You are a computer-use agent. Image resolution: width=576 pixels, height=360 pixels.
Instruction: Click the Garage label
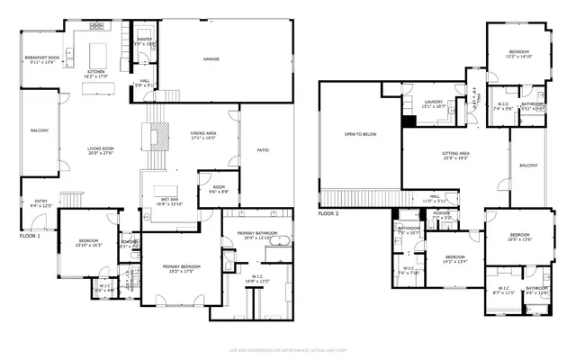pos(211,59)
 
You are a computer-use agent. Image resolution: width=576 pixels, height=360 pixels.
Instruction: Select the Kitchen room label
pos(96,74)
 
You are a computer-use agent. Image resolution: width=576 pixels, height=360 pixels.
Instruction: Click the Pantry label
pos(144,41)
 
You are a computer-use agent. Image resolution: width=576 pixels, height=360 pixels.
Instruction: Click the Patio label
pos(263,150)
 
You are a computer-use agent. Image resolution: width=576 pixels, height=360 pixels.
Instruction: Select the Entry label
pos(40,203)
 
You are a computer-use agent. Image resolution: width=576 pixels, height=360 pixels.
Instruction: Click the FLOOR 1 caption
pos(31,236)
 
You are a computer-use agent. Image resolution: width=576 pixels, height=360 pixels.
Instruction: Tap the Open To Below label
pos(360,135)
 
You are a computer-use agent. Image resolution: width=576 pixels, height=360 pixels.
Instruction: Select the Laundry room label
pos(422,103)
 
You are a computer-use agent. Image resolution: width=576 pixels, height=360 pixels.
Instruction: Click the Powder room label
pos(441,216)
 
